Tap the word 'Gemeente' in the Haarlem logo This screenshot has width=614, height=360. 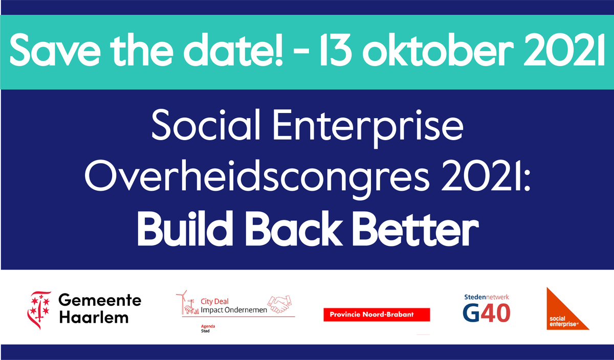click(99, 301)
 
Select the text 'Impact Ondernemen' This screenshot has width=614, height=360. click(233, 310)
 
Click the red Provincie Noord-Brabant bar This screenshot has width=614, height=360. click(377, 314)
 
